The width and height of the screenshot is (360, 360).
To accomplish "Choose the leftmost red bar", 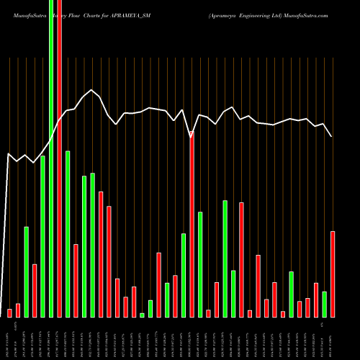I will coord(9,312).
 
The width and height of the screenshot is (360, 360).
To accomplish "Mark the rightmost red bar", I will coord(333,274).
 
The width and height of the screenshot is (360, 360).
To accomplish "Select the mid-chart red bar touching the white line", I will coord(192,223).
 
